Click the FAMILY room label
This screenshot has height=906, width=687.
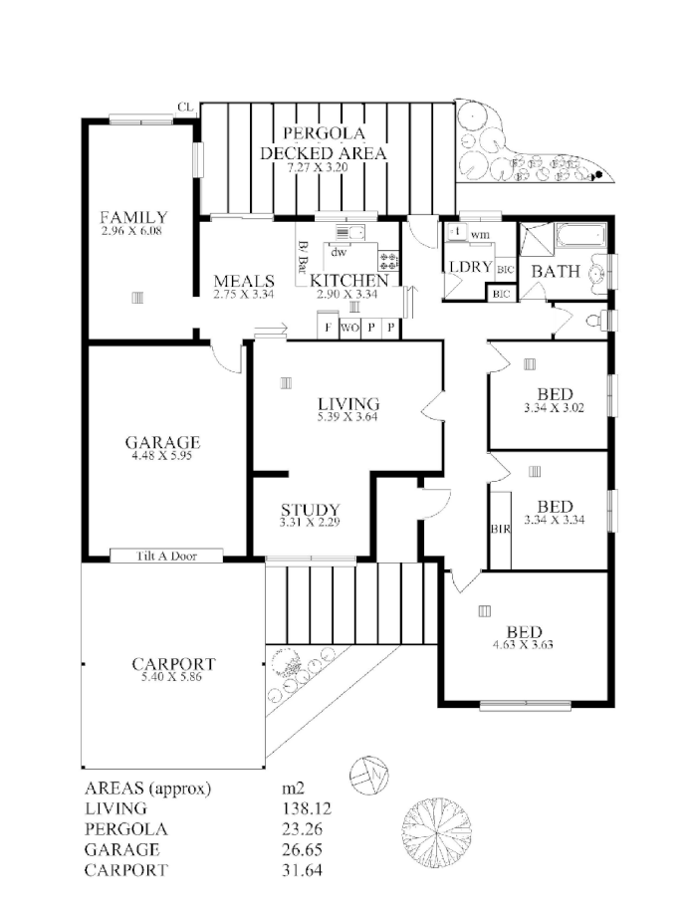tap(133, 217)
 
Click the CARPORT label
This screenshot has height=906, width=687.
tap(173, 664)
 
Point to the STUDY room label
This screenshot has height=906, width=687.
tap(310, 510)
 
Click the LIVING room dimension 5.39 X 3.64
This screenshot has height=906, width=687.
tap(348, 416)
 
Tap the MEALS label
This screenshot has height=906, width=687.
tap(243, 282)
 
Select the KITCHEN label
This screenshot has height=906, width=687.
tap(347, 282)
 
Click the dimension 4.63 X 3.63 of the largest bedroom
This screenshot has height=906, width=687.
tap(524, 645)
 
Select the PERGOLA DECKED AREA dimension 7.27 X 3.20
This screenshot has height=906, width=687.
tap(322, 168)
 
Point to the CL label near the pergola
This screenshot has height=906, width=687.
tap(184, 107)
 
